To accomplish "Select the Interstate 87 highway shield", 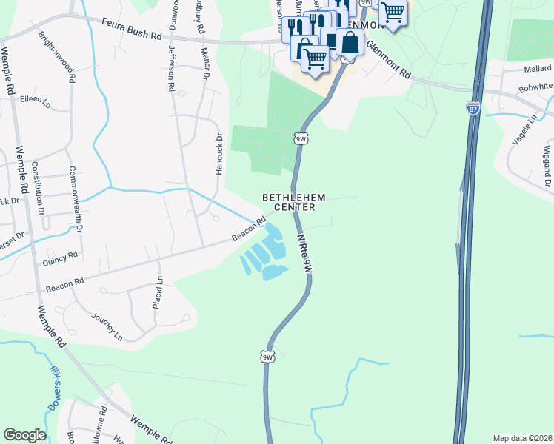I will (473, 108).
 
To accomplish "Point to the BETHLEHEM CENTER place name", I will (284, 202).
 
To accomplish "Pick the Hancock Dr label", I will (219, 154).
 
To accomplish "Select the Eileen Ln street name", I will (34, 98).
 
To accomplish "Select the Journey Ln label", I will (107, 326).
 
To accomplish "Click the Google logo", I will (24, 435).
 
